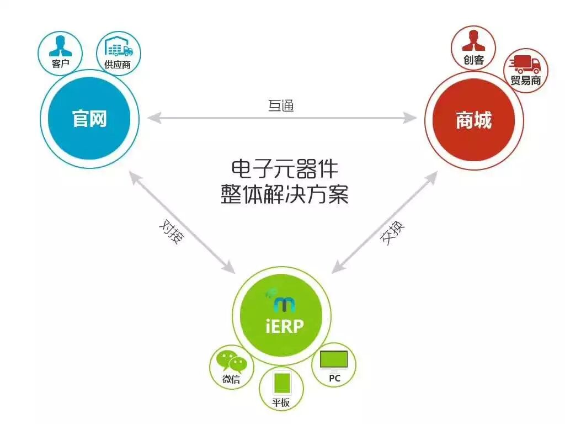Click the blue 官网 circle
89,119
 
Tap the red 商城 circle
473,120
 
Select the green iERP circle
281,317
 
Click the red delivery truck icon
525,65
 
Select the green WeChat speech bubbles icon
231,362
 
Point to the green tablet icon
281,383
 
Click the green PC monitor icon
334,360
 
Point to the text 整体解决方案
285,194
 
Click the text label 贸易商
525,81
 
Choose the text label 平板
281,402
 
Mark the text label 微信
231,379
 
